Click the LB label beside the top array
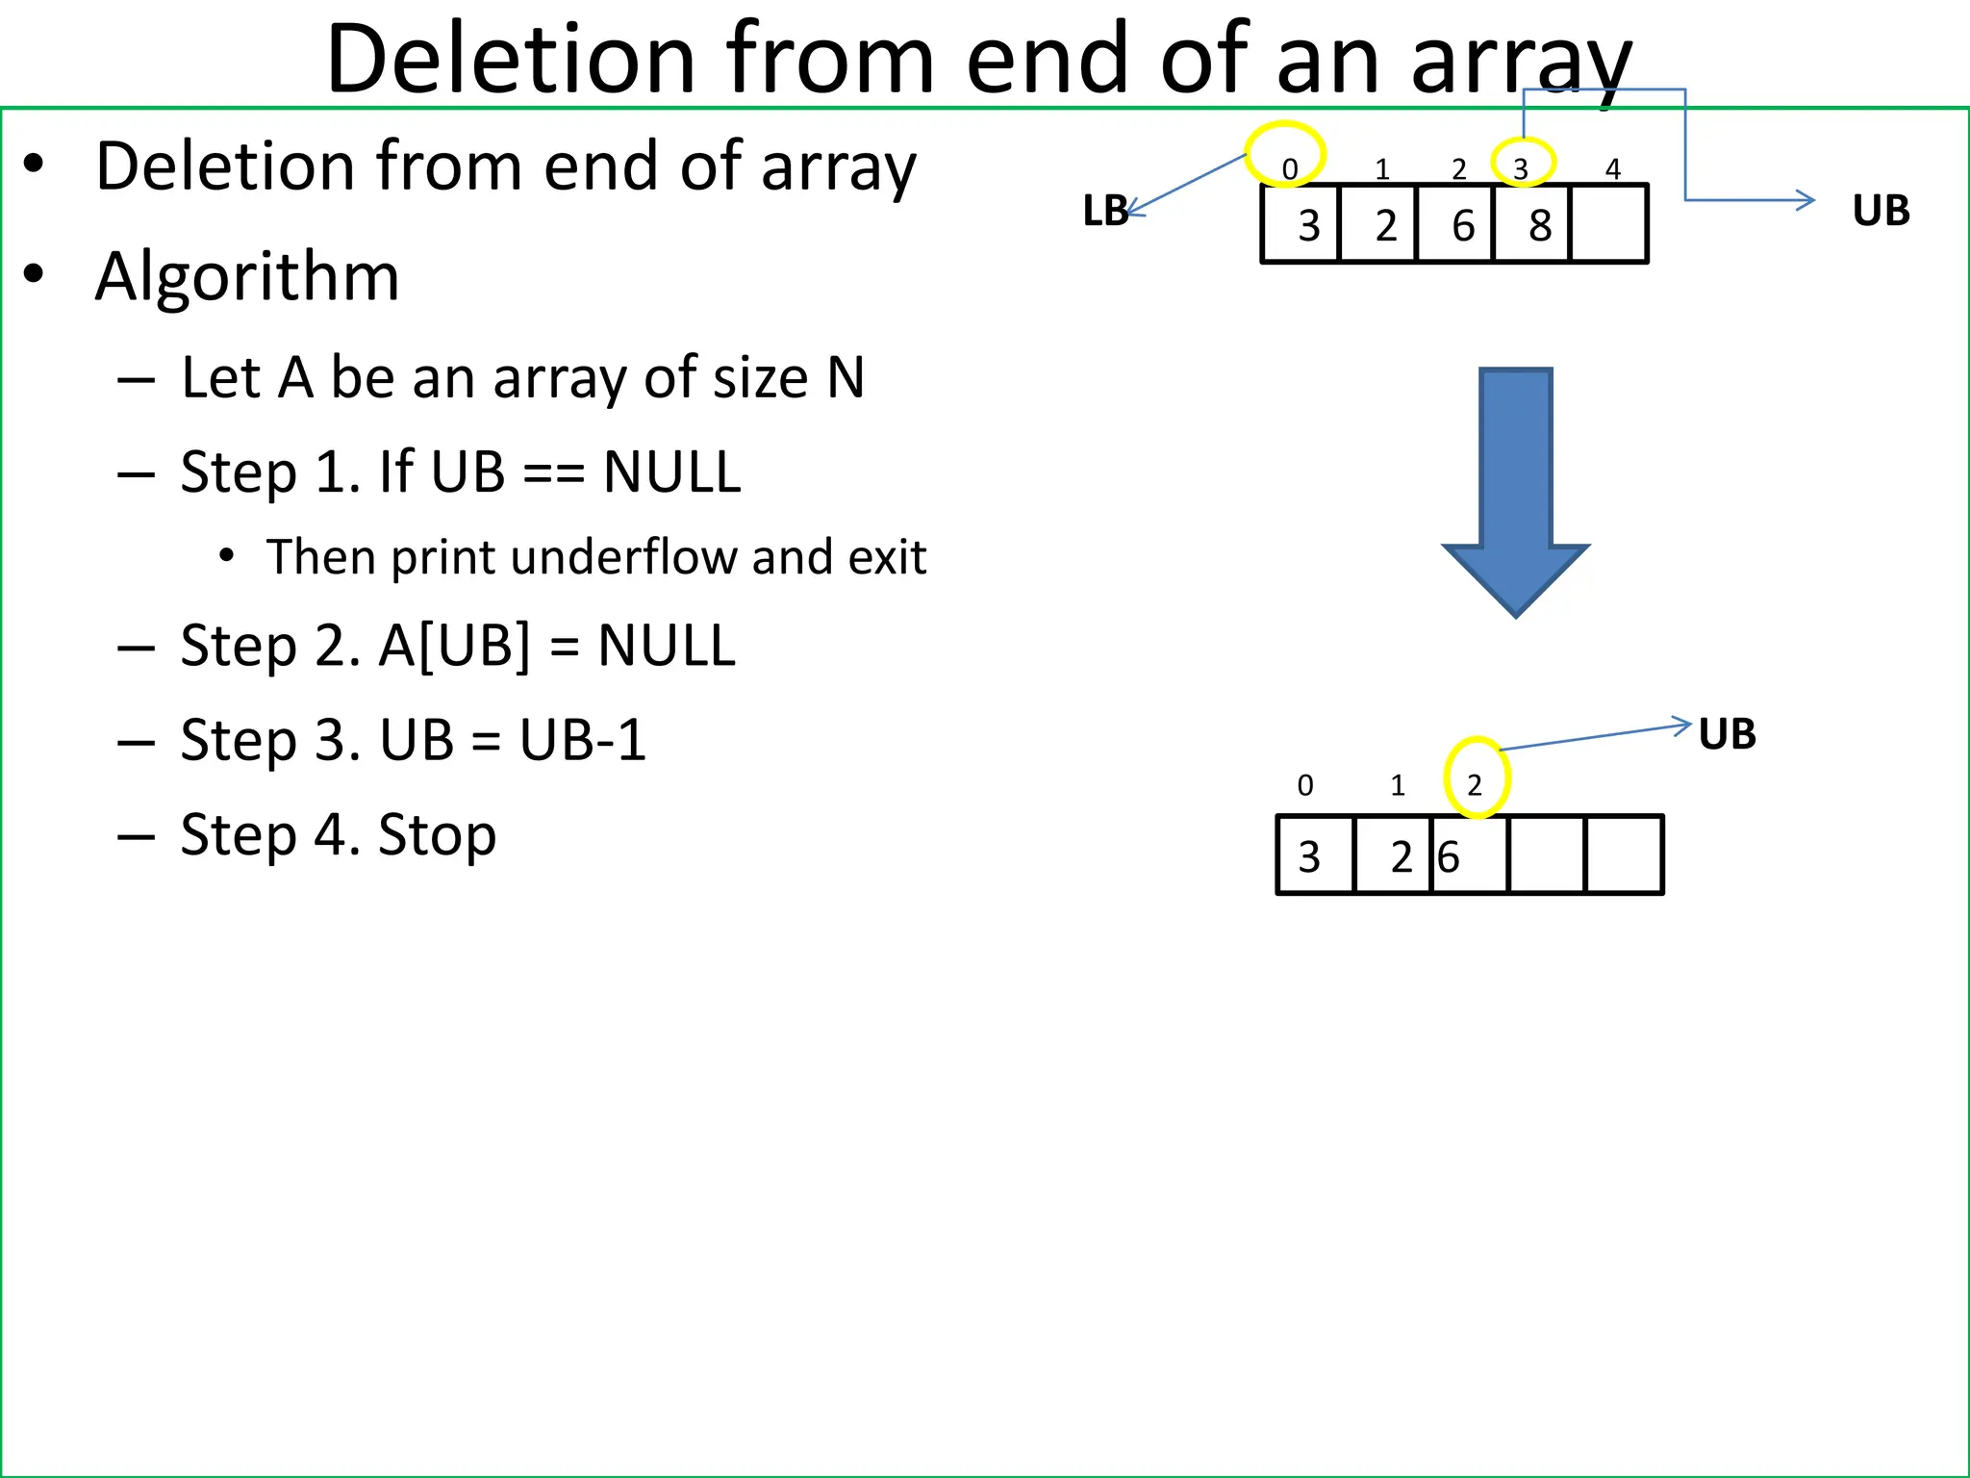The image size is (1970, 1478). pos(1105,211)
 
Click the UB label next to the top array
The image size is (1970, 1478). pos(1881,211)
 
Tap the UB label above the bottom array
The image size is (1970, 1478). pos(1727,734)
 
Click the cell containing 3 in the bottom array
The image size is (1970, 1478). pos(1314,855)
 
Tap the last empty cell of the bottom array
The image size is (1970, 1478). pos(1624,855)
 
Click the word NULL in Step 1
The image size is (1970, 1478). pos(671,472)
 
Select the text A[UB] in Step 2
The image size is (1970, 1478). pos(453,646)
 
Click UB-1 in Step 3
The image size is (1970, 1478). pos(583,740)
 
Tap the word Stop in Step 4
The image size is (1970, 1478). pos(437,834)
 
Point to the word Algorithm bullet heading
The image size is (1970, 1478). pos(247,277)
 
